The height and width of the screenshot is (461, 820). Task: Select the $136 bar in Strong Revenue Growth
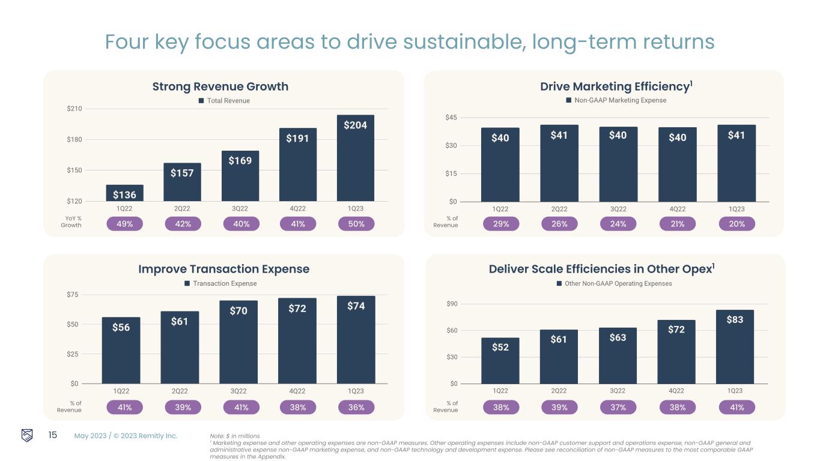tap(125, 193)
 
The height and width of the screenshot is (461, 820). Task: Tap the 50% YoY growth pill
tap(356, 224)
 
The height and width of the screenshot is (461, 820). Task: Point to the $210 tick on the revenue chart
tap(74, 109)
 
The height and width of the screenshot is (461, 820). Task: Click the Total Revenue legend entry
tap(224, 101)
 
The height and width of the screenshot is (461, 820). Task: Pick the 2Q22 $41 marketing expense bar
tap(559, 163)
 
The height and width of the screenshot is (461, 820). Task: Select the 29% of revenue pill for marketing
tap(501, 224)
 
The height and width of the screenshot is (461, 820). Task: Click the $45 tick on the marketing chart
tap(451, 118)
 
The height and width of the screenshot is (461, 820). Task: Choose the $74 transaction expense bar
tap(356, 339)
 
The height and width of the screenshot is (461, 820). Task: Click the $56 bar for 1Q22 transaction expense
tap(121, 350)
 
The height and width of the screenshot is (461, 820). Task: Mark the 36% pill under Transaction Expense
tap(356, 408)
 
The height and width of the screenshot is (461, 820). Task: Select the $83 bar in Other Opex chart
tap(735, 346)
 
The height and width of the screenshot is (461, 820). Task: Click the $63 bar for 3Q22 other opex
tap(618, 355)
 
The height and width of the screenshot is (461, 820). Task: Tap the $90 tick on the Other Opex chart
tap(451, 304)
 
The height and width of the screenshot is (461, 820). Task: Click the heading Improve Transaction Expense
tap(223, 269)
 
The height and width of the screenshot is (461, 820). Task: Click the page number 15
tap(52, 435)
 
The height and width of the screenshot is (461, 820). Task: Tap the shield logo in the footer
tap(28, 435)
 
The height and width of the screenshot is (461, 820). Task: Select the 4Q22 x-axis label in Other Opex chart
tap(676, 391)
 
